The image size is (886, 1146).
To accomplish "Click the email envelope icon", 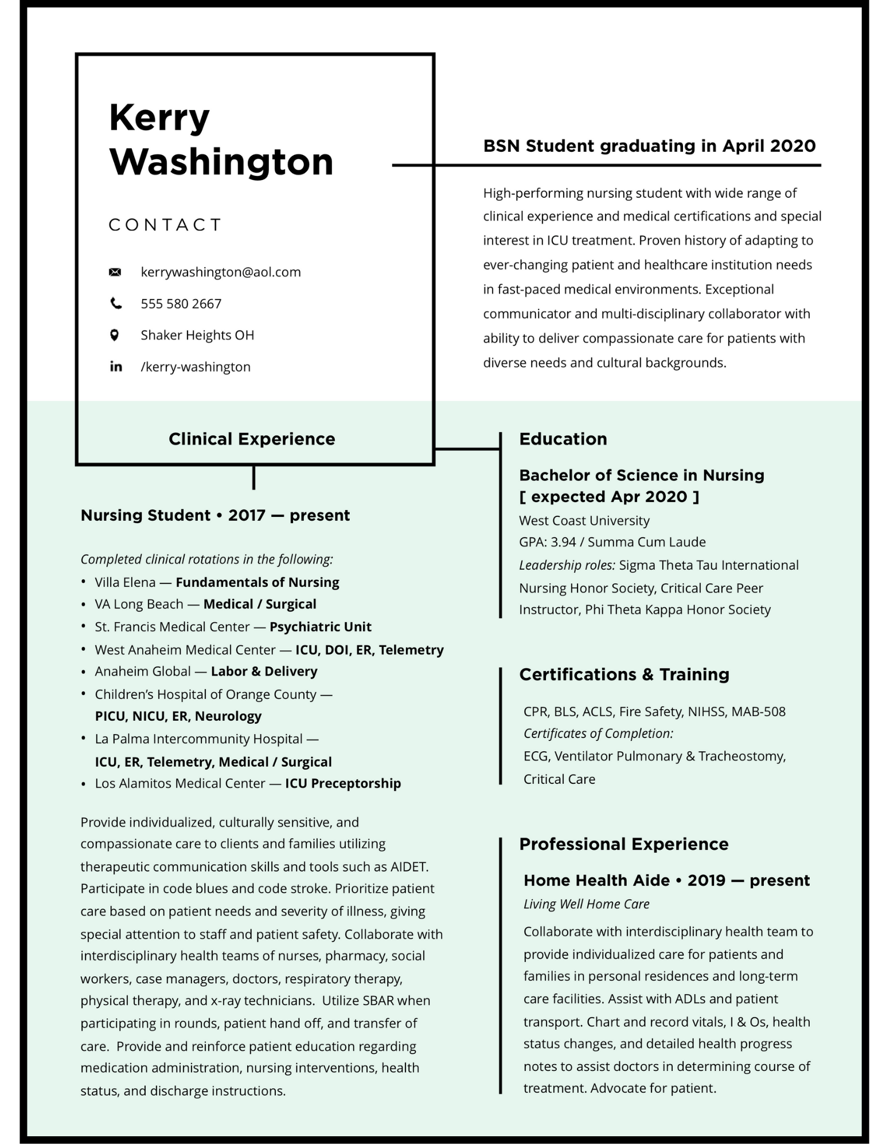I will point(115,272).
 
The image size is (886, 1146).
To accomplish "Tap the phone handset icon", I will point(116,304).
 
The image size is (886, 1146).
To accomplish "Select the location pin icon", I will point(115,335).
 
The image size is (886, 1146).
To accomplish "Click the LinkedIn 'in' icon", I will point(116,367).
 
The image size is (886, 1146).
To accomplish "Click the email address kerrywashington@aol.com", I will point(221,272).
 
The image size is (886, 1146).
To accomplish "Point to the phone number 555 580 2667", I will point(181,304).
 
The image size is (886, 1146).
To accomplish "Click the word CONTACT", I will point(165,225).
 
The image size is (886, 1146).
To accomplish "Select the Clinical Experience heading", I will point(252,439).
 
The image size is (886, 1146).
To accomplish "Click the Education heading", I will point(563,439).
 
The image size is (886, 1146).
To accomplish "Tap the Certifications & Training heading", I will point(624,674).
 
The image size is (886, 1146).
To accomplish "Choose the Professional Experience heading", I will point(623,844).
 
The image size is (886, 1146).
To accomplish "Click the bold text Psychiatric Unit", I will point(321,627).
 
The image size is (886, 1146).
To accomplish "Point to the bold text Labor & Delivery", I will point(264,672).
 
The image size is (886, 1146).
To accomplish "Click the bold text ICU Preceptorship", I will point(343,783).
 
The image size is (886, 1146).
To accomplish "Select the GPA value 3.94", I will point(563,542).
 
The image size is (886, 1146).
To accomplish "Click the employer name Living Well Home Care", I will point(586,904).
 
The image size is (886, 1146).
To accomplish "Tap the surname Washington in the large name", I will point(221,162).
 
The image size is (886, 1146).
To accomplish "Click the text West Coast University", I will point(584,521).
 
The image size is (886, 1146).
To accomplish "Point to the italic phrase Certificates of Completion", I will point(598,733).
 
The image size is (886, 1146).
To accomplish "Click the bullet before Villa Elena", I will point(84,582).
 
